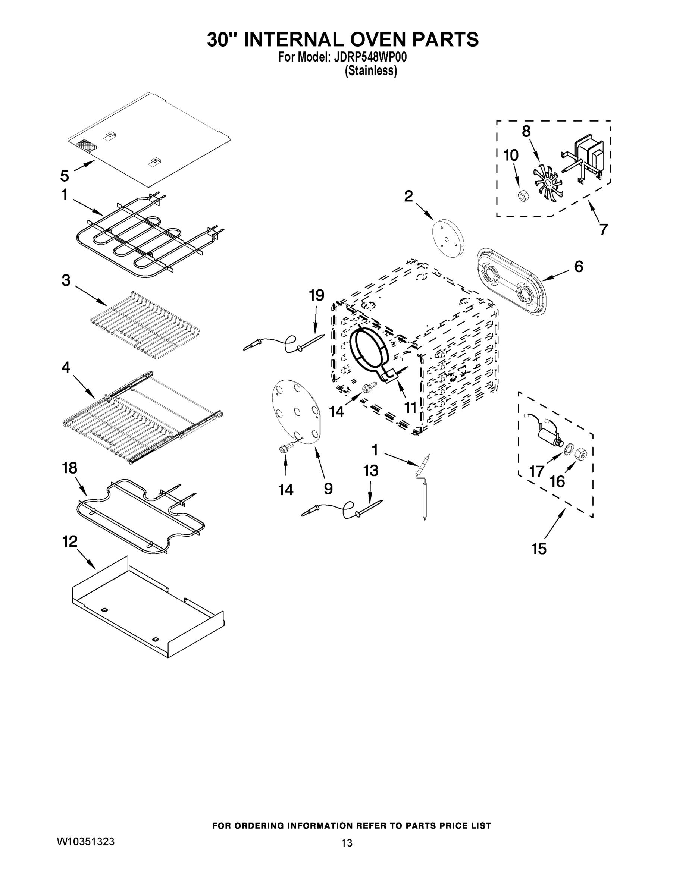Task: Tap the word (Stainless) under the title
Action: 370,71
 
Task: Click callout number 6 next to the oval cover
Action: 579,267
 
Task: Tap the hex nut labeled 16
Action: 582,455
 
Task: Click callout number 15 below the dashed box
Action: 539,548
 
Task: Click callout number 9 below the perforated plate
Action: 328,489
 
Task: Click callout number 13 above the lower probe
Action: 370,471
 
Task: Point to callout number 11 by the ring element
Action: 410,407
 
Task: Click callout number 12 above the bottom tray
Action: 70,541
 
